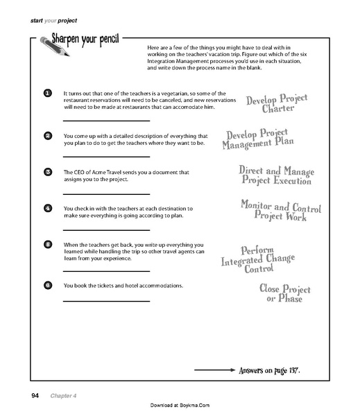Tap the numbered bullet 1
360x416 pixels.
[46, 93]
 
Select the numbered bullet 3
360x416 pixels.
[46, 171]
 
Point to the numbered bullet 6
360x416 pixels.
[46, 285]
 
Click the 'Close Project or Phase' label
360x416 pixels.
[284, 294]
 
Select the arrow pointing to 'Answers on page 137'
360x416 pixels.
[215, 372]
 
